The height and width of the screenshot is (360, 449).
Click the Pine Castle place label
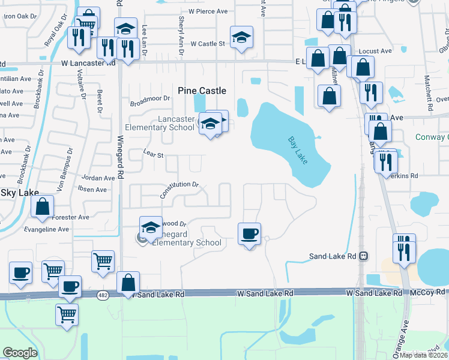pos(202,91)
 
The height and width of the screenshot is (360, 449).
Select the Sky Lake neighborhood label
pos(19,193)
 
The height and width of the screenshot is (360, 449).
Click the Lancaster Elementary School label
pos(160,123)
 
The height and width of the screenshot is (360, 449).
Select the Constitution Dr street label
pos(179,190)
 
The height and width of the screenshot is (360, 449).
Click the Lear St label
pos(154,154)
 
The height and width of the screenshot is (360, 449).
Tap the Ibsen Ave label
pos(92,190)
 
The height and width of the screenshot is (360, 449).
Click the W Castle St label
pos(207,44)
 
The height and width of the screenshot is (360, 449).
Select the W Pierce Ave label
pos(208,11)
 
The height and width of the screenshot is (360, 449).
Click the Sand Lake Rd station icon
pos(363,256)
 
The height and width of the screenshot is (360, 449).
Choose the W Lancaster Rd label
pos(88,62)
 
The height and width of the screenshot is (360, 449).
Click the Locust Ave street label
pos(377,52)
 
